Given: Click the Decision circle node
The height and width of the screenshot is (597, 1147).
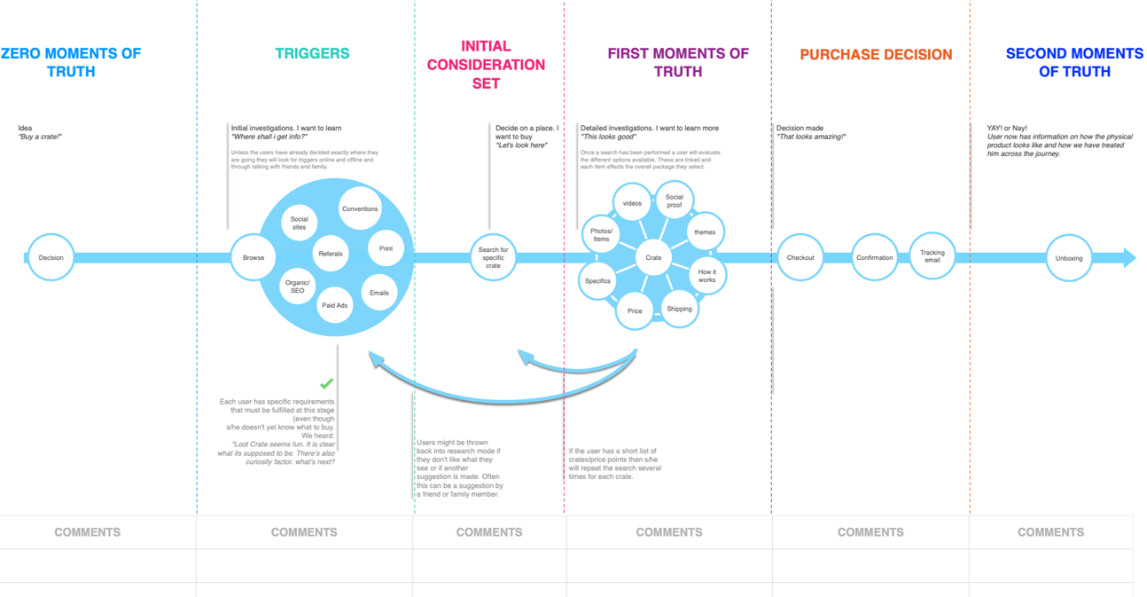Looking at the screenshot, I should tap(51, 257).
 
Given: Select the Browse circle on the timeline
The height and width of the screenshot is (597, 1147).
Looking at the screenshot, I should tap(254, 257).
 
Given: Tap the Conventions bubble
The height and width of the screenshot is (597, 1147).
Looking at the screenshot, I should tap(359, 209).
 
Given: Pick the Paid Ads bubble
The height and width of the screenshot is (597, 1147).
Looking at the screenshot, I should tap(335, 305).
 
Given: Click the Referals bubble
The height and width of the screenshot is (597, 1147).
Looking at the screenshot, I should tap(330, 254).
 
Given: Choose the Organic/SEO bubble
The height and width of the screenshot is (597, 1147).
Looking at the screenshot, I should tap(297, 286).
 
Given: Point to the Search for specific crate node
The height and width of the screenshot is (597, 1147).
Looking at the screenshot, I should tap(493, 257).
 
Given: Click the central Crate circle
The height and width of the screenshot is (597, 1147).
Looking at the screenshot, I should tap(653, 257).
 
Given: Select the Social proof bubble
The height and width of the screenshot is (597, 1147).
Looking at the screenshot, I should tap(675, 201).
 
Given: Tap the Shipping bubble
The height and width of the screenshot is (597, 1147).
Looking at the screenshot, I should tap(679, 309).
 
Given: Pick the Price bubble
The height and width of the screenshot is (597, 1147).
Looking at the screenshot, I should tap(635, 311).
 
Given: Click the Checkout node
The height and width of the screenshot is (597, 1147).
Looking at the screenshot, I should tap(800, 257).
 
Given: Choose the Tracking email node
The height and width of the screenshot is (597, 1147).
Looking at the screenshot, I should tap(932, 256).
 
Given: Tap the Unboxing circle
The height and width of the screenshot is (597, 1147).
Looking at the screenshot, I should tap(1068, 258).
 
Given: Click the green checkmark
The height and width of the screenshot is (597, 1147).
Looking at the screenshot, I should tap(327, 383).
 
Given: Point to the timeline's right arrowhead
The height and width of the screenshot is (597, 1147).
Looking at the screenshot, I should tap(1128, 258).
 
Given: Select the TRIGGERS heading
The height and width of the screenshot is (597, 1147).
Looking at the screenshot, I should tap(312, 53).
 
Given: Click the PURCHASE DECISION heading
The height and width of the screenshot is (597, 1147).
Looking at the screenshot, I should tap(876, 54).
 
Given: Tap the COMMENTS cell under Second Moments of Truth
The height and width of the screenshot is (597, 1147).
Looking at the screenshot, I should tap(1050, 532).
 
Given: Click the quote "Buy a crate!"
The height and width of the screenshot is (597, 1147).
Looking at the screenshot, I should tap(40, 137).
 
